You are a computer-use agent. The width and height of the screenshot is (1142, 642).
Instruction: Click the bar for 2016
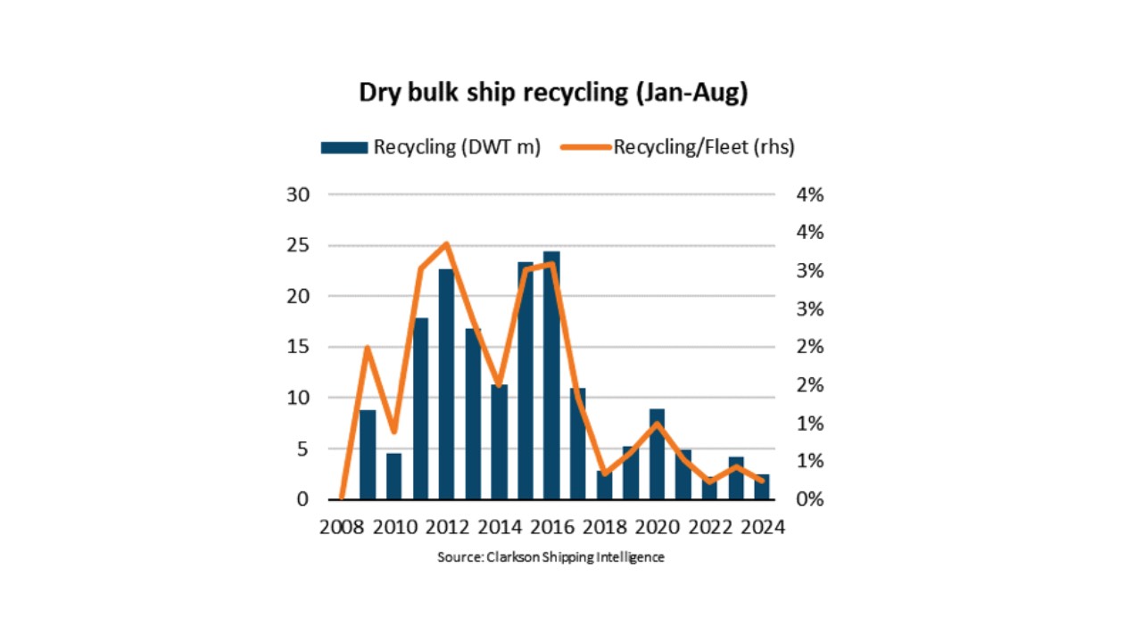pos(551,375)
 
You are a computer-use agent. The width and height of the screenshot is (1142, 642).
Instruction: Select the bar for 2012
pos(446,384)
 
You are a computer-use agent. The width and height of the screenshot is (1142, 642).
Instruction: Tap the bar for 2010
pos(393,476)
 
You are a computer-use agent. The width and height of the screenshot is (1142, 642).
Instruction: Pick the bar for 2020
pos(657,454)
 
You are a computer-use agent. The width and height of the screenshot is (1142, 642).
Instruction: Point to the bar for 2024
pos(762,487)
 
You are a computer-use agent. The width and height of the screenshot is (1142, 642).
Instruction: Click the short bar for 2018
pos(604,485)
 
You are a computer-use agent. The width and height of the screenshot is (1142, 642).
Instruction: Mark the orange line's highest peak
pos(447,244)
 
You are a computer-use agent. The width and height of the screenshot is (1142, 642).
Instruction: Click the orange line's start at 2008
pos(342,497)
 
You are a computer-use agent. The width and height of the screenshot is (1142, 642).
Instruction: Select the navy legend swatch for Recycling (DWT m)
pos(344,148)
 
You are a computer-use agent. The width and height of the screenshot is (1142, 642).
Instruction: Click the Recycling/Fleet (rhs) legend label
pos(704,147)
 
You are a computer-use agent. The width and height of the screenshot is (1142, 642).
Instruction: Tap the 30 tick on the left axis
pos(298,194)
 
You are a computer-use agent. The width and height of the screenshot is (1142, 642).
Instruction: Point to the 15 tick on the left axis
pos(298,347)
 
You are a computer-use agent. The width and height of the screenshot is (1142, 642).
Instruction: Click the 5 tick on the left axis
pos(302,449)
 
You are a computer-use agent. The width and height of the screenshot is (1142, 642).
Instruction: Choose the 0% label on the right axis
pos(810,499)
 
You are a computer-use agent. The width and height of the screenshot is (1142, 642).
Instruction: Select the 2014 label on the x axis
pos(499,527)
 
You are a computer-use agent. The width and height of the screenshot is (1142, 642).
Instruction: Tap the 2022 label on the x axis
pos(709,527)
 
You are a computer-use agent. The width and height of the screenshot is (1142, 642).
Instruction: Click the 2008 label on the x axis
pos(342,527)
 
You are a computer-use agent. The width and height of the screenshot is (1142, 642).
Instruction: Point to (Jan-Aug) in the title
pos(691,94)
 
